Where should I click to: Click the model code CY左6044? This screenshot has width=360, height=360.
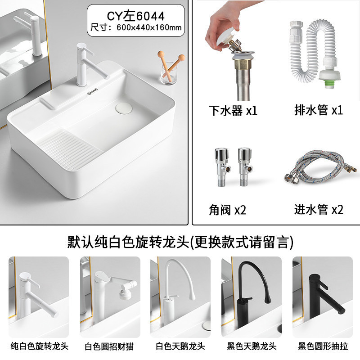(136, 16)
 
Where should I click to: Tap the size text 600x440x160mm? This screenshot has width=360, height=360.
(149, 27)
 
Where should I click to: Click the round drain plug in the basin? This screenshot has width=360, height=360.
(124, 108)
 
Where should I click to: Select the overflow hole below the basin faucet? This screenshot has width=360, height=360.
(92, 92)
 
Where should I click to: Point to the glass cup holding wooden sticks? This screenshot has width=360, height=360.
(168, 73)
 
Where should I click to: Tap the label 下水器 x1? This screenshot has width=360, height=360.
(233, 110)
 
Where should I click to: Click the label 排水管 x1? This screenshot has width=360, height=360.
(319, 110)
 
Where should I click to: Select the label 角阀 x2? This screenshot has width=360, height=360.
(227, 210)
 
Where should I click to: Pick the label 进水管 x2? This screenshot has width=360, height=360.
(319, 209)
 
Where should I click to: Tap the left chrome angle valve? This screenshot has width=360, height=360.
(222, 167)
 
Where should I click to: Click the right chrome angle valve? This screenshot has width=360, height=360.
(245, 167)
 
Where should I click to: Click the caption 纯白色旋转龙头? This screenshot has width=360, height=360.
(40, 346)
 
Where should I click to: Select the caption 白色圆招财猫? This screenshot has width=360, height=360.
(109, 346)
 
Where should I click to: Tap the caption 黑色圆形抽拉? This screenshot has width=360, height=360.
(323, 346)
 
